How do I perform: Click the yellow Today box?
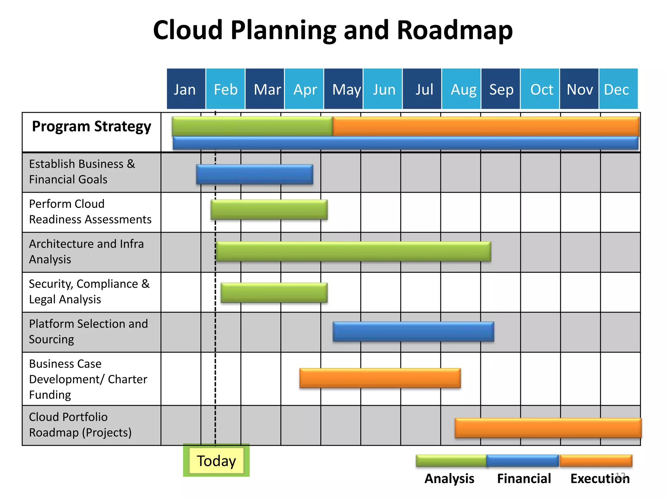[216, 461]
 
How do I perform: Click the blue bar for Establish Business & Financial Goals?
[255, 174]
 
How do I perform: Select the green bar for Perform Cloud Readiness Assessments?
[269, 210]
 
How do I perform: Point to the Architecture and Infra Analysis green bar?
[353, 251]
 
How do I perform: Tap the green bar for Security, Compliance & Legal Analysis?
[274, 292]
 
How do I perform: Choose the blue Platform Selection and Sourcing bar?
[413, 331]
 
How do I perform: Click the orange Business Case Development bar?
[380, 378]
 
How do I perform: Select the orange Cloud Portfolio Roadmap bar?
[548, 428]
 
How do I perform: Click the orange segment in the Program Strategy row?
[486, 126]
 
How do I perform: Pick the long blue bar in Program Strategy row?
[405, 143]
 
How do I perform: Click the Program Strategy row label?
[91, 126]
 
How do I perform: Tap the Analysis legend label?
[449, 479]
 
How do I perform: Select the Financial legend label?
[524, 479]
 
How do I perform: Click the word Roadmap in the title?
[454, 30]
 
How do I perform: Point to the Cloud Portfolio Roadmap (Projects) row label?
[80, 425]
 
